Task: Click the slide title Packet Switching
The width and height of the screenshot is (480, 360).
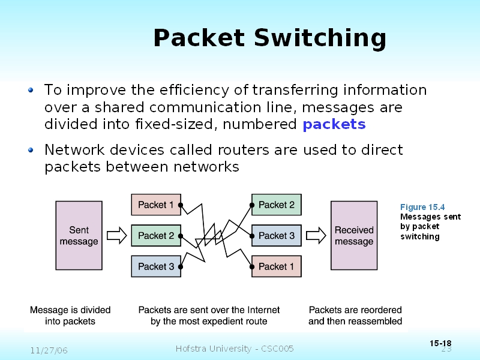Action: (269, 38)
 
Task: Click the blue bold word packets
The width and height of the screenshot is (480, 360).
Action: (334, 125)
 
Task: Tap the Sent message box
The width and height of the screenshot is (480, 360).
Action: (79, 235)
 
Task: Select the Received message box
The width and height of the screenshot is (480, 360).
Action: (353, 235)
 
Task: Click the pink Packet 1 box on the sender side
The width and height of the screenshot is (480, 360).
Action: (156, 205)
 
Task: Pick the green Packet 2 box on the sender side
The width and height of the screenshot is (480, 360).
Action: (156, 236)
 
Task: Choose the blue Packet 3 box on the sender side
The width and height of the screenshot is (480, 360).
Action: (156, 266)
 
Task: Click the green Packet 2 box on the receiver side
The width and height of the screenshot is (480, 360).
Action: (276, 205)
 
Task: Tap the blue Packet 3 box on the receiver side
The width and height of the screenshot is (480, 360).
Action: (276, 236)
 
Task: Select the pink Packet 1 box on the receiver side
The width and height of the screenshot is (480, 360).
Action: (276, 266)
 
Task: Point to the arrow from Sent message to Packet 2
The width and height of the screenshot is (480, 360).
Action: (121, 233)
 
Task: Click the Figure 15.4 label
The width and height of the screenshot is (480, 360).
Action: (422, 207)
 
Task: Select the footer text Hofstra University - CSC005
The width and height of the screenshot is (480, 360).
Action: (235, 349)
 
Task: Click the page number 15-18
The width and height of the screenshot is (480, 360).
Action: (440, 343)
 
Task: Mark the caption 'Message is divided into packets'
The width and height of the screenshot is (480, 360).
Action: (70, 316)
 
